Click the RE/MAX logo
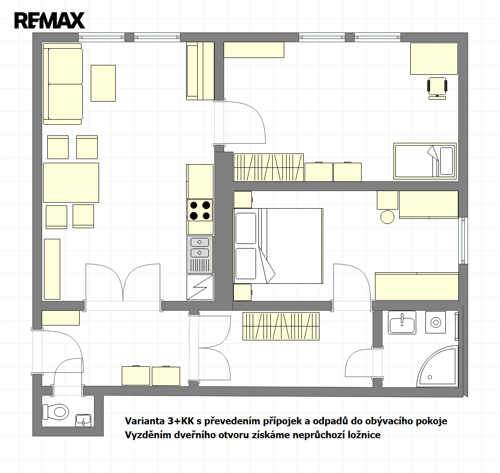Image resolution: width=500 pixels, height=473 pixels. [x=50, y=20]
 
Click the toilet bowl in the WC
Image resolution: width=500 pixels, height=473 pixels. [x=56, y=411]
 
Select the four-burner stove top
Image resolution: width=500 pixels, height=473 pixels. [x=200, y=211]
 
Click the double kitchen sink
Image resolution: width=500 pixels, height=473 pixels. [x=200, y=255]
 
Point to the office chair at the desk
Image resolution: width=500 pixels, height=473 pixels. [x=437, y=88]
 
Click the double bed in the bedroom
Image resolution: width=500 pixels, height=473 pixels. [x=278, y=246]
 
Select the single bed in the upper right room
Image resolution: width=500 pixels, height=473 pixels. [x=425, y=160]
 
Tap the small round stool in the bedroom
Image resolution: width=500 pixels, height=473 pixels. [x=387, y=217]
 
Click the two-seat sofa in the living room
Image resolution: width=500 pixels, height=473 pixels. [x=63, y=83]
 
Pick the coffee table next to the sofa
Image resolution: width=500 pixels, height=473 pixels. [x=103, y=83]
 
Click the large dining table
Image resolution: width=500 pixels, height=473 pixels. [x=71, y=183]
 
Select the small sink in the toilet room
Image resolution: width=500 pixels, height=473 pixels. [x=83, y=420]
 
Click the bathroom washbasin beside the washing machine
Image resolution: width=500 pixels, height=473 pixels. [x=402, y=323]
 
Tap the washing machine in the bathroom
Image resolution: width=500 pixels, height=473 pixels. [x=436, y=322]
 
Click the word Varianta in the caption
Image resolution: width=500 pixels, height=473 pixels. [x=145, y=421]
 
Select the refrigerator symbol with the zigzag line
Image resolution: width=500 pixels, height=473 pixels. [x=200, y=287]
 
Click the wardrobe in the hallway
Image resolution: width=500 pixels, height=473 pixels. [x=281, y=326]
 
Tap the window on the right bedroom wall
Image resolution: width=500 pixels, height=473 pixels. [x=463, y=241]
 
